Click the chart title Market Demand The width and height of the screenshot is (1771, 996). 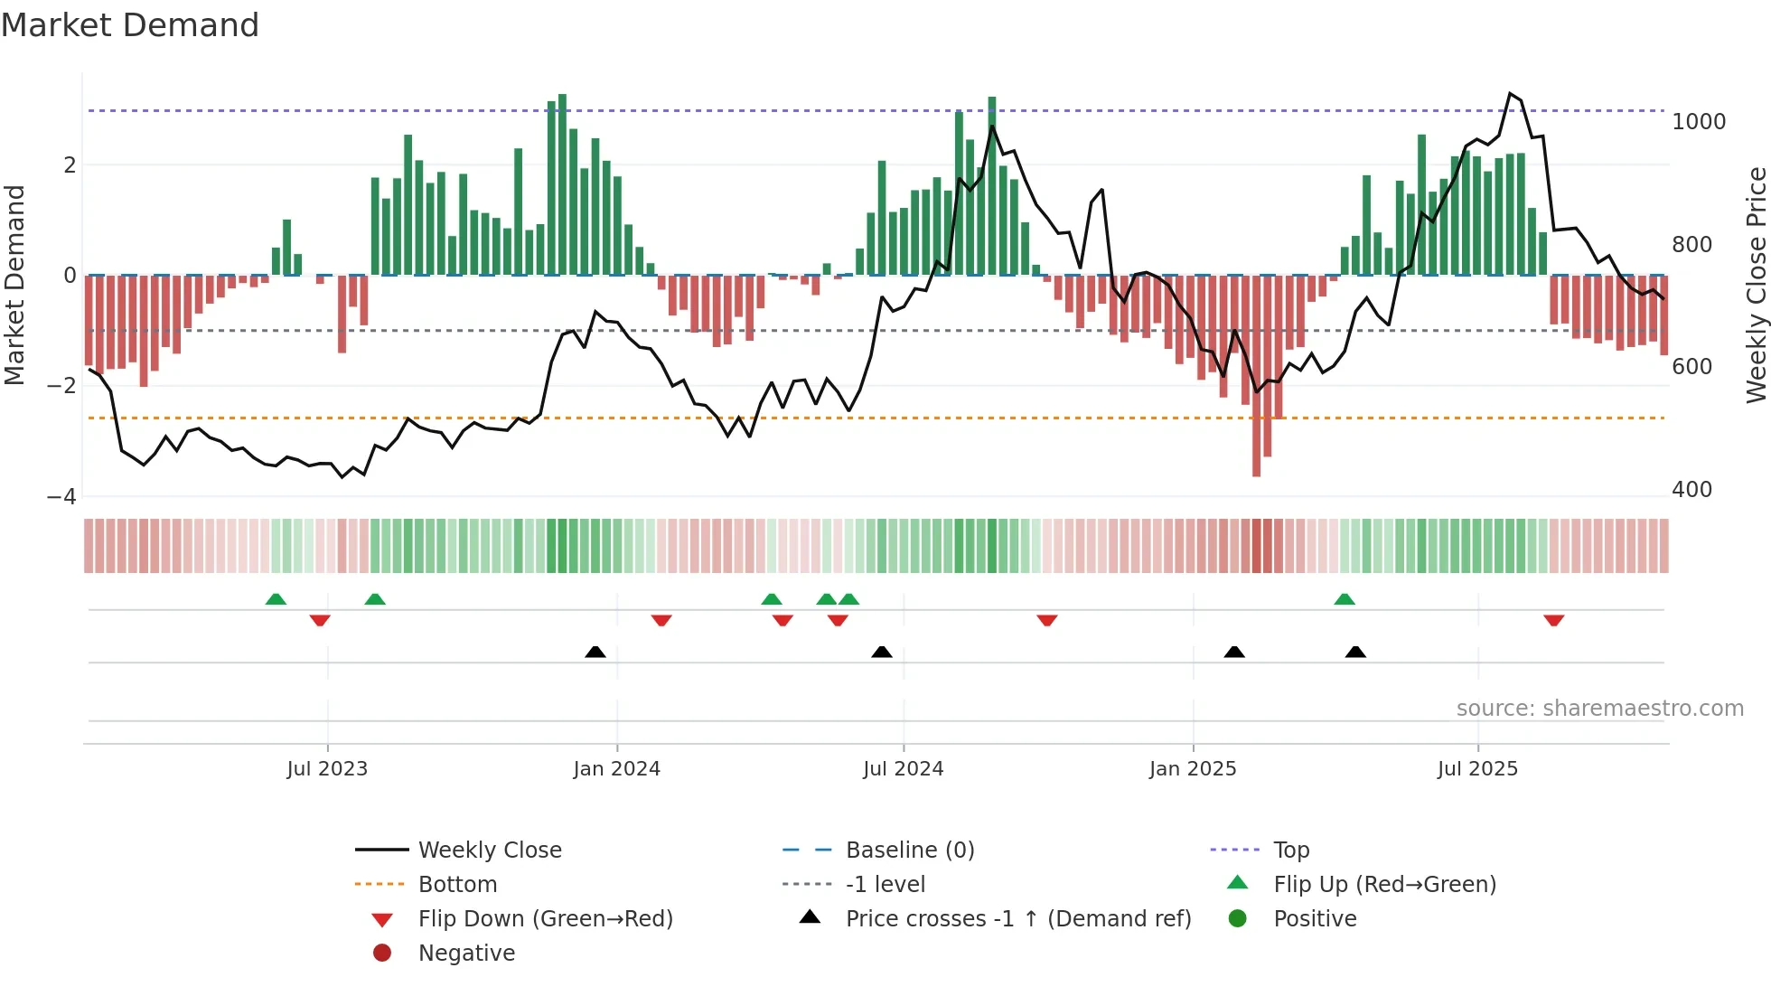(x=130, y=25)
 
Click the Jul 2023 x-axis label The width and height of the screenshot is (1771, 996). (x=327, y=769)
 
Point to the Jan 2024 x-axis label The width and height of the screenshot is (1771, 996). (x=616, y=769)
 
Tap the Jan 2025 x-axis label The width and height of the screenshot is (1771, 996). (x=1193, y=769)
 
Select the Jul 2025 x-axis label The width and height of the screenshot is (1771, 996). (x=1477, y=769)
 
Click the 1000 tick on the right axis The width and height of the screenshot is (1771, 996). (x=1698, y=122)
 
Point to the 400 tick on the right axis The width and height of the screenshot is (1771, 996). (x=1691, y=490)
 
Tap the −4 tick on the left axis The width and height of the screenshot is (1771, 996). (x=61, y=497)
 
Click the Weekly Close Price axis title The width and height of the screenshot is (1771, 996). (x=1756, y=285)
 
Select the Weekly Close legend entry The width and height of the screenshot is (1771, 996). (x=489, y=850)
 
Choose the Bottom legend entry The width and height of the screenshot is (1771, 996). (x=457, y=885)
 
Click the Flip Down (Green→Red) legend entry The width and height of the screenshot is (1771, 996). (x=545, y=919)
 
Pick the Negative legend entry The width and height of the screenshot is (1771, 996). (x=466, y=954)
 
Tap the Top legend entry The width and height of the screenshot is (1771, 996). (x=1291, y=850)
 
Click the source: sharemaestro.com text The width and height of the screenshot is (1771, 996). (x=1599, y=709)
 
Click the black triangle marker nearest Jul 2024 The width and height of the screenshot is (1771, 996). (x=882, y=652)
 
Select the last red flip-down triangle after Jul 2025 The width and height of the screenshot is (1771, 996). (x=1553, y=620)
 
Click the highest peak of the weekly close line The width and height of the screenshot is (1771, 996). (x=1510, y=94)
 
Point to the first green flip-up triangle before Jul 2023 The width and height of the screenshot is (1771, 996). (x=276, y=599)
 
